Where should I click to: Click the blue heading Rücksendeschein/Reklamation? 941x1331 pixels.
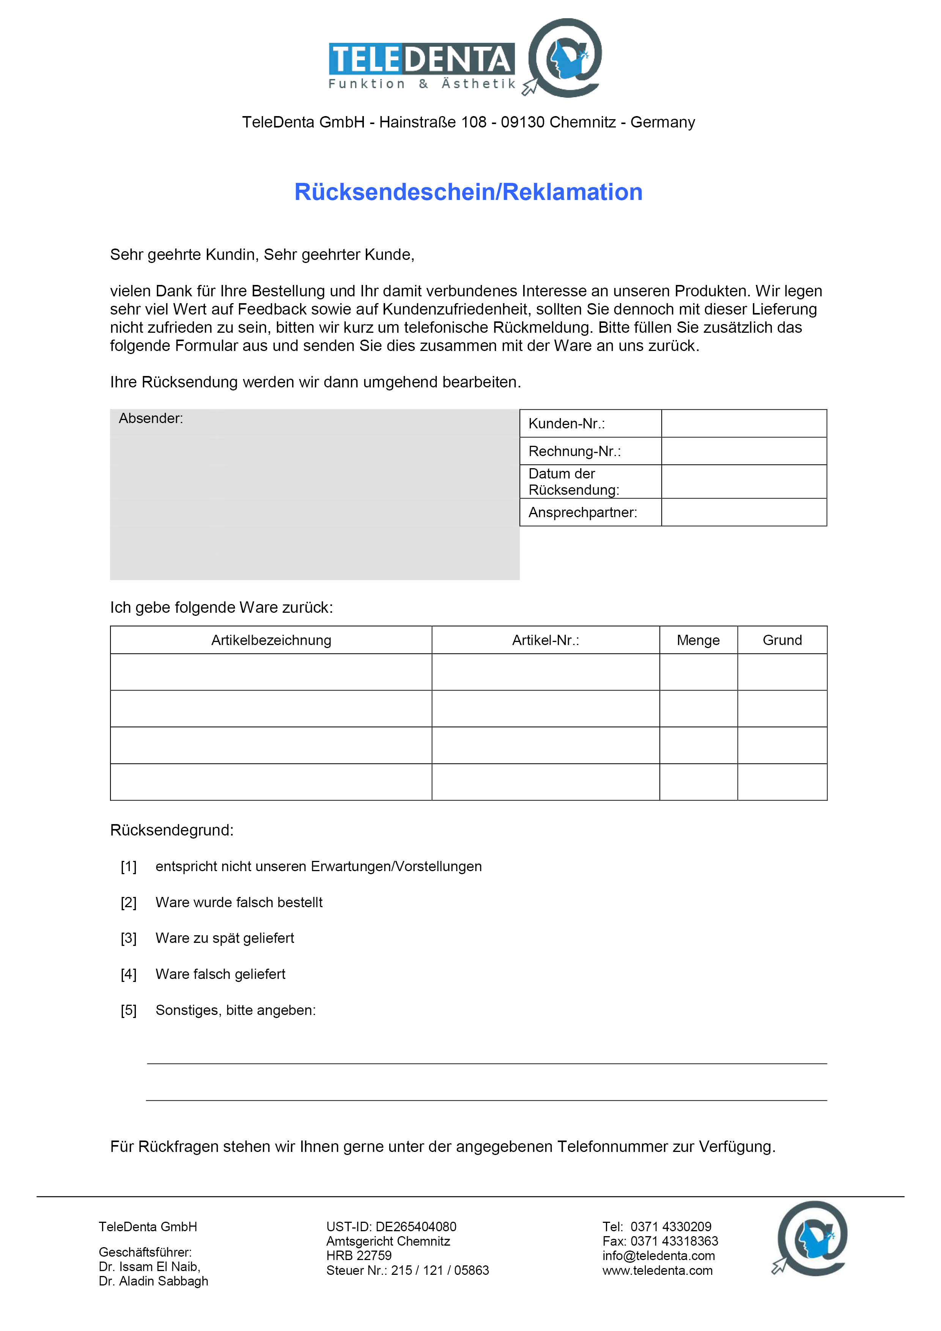(469, 192)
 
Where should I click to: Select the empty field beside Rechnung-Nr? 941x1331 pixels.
(743, 451)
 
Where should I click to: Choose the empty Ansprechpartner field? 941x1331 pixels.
(743, 513)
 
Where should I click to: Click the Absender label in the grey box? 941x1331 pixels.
(151, 418)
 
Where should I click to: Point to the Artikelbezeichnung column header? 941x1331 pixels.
(271, 640)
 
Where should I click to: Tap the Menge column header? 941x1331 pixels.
(698, 640)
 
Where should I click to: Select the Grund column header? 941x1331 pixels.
(782, 640)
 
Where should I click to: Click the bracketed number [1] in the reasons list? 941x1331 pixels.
(129, 867)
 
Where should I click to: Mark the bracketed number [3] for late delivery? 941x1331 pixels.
(129, 939)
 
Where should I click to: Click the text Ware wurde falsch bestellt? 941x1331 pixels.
(239, 903)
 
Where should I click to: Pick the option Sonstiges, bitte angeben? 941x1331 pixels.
(235, 1010)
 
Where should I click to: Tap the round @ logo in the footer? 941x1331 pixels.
(811, 1238)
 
